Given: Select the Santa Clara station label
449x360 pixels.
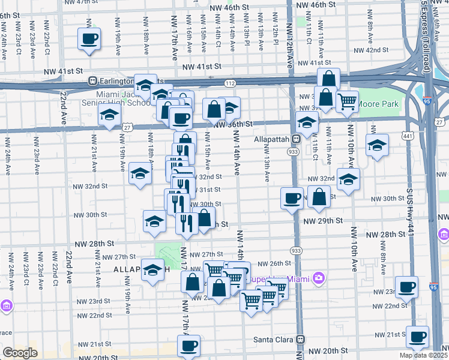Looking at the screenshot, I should [x=272, y=339].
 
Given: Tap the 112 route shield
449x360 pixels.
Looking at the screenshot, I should [x=231, y=83].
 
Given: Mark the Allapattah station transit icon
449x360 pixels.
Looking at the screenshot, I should [x=296, y=139].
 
